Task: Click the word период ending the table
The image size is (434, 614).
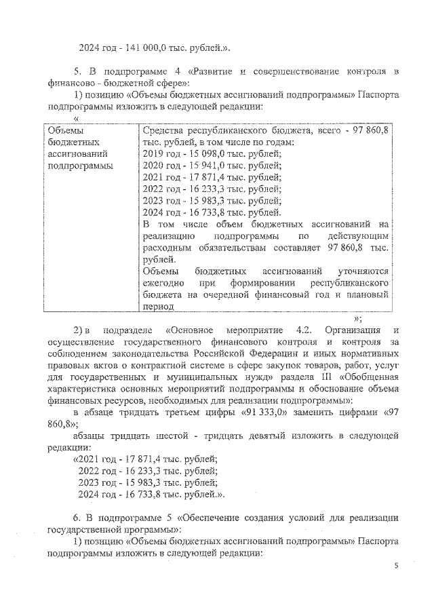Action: (159, 307)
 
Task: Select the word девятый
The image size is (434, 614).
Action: (257, 437)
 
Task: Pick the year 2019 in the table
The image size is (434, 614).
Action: (155, 154)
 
